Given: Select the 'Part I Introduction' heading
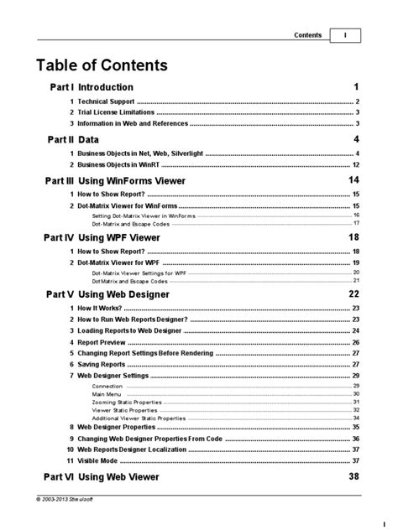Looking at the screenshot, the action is pos(90,87).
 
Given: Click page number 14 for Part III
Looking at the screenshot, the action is pos(353,181).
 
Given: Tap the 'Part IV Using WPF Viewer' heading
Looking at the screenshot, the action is pos(107,237).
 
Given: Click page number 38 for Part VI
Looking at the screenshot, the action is pos(353,477).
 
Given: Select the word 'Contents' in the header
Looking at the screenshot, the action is pos(308,35).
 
